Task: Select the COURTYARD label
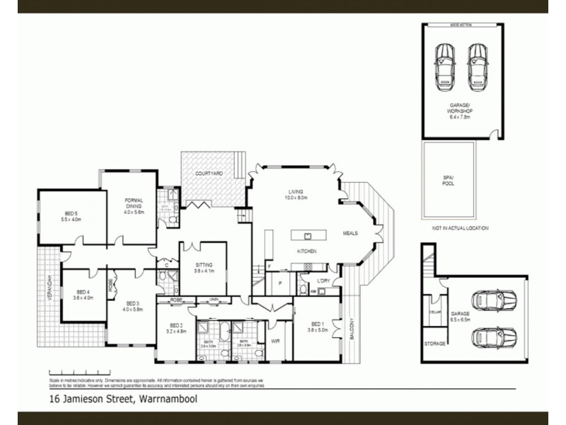point(210,174)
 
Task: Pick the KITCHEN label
point(306,251)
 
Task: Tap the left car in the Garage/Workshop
point(445,64)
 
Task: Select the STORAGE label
point(435,344)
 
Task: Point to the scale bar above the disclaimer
point(77,372)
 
